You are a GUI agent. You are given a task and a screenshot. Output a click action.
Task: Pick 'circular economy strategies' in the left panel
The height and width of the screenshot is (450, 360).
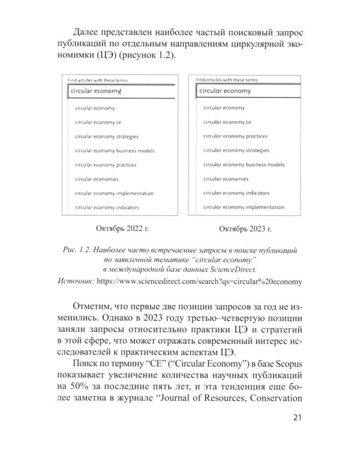point(107,136)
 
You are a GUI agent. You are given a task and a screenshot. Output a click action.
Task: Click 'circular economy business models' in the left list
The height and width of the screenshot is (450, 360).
point(115,151)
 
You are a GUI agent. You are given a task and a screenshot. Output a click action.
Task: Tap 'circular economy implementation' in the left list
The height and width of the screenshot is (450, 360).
point(114,193)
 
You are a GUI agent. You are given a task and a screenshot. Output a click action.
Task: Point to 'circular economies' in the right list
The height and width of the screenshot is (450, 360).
point(225,179)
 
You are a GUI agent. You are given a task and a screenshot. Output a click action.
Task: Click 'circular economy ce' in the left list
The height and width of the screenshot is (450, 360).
point(98,122)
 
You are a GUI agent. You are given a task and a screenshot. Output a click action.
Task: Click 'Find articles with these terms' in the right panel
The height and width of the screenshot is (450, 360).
point(227,79)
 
